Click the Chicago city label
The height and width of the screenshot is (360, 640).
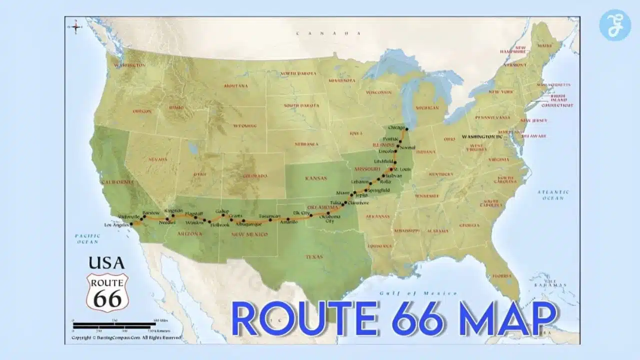(395, 128)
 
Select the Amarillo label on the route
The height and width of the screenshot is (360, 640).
(288, 221)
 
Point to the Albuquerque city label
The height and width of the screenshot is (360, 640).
(243, 224)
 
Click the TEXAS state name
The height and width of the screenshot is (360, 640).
(314, 256)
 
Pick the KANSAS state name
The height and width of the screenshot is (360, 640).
(316, 178)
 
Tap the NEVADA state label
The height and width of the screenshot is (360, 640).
(158, 159)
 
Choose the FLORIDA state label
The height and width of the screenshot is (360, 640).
(501, 275)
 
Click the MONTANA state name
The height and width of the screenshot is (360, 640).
(235, 86)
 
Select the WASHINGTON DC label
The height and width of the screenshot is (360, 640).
(482, 136)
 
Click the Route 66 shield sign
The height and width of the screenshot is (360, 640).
(107, 292)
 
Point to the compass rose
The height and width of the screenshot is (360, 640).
(76, 27)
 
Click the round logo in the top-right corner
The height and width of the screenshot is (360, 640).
(614, 25)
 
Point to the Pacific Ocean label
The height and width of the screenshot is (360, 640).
(87, 238)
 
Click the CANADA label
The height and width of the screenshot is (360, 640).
(328, 33)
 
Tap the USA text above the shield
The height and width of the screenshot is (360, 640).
(106, 262)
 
